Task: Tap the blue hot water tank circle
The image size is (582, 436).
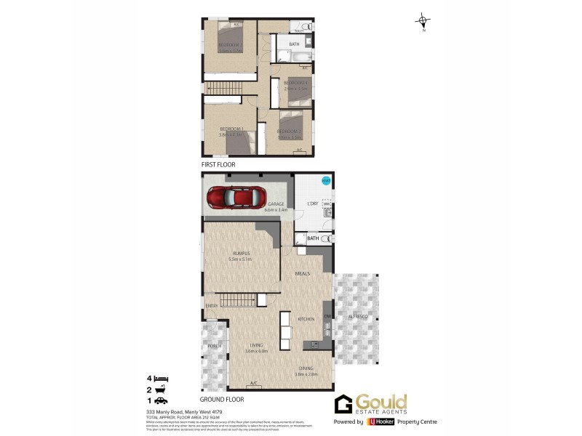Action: [x=325, y=182]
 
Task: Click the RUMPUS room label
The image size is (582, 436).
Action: [x=239, y=253]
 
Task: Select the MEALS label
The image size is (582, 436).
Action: [x=303, y=274]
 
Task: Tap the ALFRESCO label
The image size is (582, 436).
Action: [x=356, y=318]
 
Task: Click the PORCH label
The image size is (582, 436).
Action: [x=214, y=346]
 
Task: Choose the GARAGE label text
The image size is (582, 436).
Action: [x=275, y=204]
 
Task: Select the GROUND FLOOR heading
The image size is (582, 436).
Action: [x=221, y=399]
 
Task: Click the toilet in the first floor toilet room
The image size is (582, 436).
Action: [x=307, y=28]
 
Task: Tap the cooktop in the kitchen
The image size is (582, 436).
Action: [x=316, y=344]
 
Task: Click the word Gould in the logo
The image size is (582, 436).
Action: [x=381, y=403]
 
